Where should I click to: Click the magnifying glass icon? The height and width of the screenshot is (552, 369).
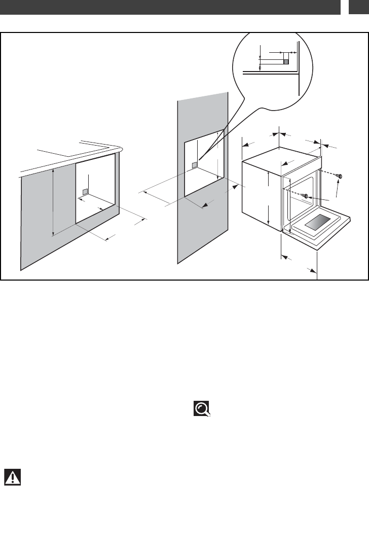pyautogui.click(x=202, y=409)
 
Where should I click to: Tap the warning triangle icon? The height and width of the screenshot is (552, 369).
pyautogui.click(x=12, y=477)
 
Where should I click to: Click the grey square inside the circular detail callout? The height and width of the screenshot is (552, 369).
pyautogui.click(x=285, y=61)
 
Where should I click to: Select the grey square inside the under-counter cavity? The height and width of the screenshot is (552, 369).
pyautogui.click(x=85, y=192)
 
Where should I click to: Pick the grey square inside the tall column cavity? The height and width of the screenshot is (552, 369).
pyautogui.click(x=194, y=165)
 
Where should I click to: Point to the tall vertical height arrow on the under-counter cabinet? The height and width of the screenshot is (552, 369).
pyautogui.click(x=53, y=203)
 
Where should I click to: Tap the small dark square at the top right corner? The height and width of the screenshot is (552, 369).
pyautogui.click(x=359, y=7)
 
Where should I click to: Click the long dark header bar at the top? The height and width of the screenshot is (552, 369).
pyautogui.click(x=170, y=7)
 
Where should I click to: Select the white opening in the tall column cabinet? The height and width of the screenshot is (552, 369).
pyautogui.click(x=203, y=167)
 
